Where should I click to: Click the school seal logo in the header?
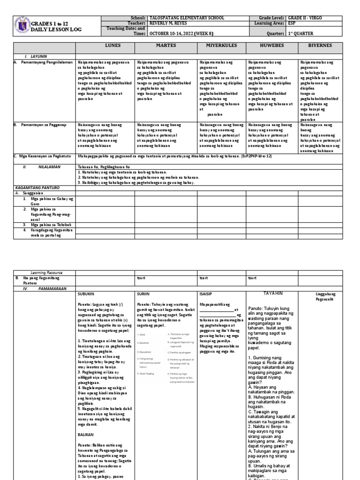point(22,25)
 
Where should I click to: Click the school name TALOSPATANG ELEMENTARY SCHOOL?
point(186,18)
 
